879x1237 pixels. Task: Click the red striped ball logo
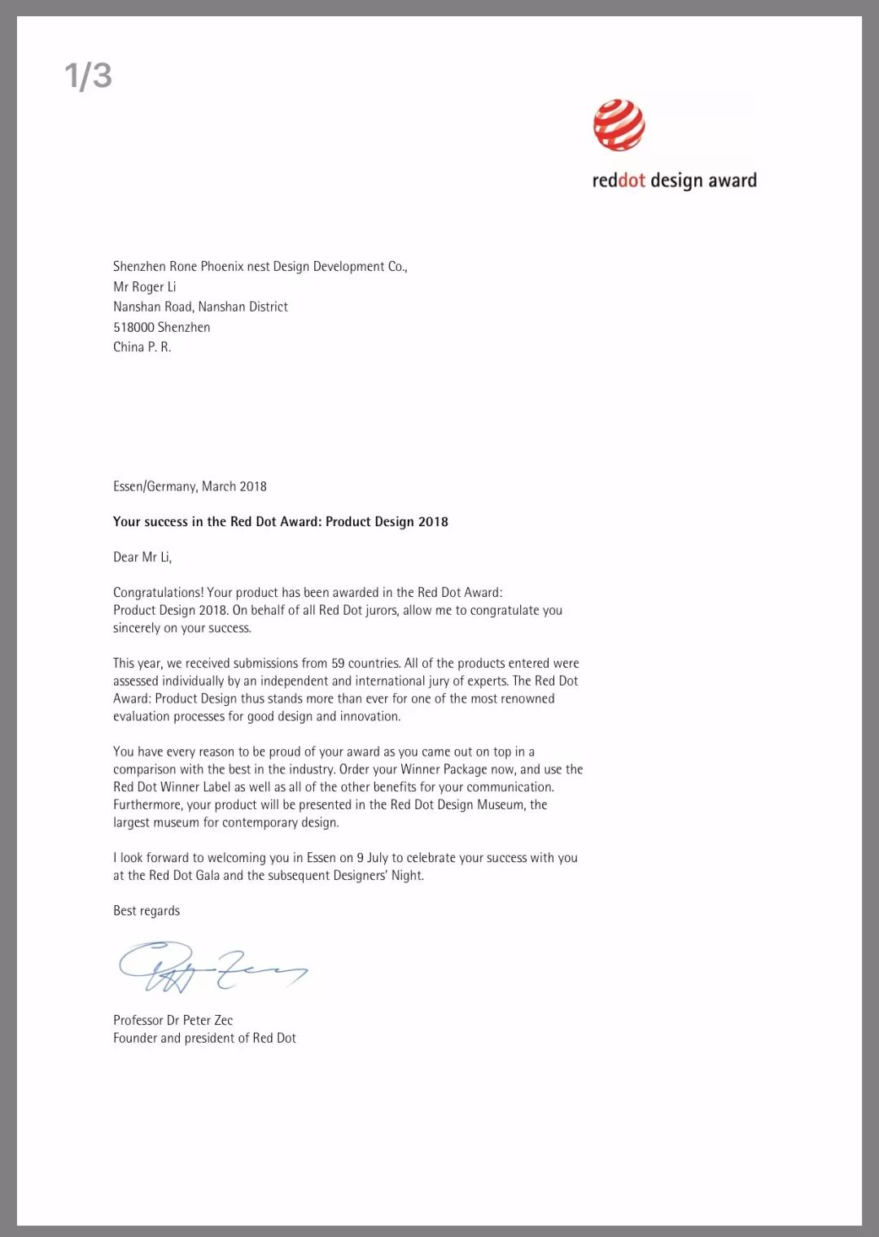pyautogui.click(x=619, y=125)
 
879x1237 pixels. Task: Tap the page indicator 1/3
pyautogui.click(x=88, y=76)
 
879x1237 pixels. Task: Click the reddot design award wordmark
pyautogui.click(x=674, y=181)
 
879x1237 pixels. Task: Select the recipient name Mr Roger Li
pyautogui.click(x=145, y=287)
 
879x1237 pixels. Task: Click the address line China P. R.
pyautogui.click(x=142, y=347)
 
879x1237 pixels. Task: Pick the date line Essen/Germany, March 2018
pyautogui.click(x=190, y=486)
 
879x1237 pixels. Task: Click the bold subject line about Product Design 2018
pyautogui.click(x=280, y=522)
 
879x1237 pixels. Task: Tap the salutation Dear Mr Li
pyautogui.click(x=142, y=557)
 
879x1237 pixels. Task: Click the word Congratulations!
pyautogui.click(x=158, y=593)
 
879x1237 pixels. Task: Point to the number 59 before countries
pyautogui.click(x=338, y=664)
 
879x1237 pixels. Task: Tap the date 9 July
pyautogui.click(x=372, y=858)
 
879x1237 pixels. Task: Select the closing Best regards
pyautogui.click(x=146, y=911)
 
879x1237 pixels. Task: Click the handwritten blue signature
pyautogui.click(x=212, y=967)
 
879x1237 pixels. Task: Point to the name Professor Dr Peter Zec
pyautogui.click(x=173, y=1021)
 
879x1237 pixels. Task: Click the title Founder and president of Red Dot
pyautogui.click(x=204, y=1039)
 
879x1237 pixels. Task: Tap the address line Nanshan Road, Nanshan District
pyautogui.click(x=200, y=307)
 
